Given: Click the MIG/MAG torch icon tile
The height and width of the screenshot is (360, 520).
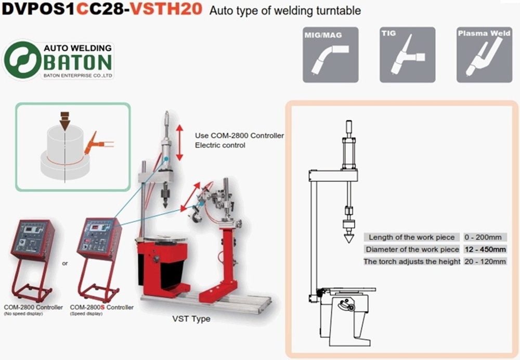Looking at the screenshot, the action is pyautogui.click(x=330, y=55).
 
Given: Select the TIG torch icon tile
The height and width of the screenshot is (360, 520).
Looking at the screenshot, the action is pyautogui.click(x=407, y=55).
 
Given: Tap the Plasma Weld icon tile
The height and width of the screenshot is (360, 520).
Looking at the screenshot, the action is pyautogui.click(x=484, y=55).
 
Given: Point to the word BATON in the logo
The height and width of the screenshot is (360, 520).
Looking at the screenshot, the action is pyautogui.click(x=77, y=62).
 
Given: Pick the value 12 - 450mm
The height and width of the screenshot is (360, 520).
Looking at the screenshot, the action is pyautogui.click(x=485, y=249).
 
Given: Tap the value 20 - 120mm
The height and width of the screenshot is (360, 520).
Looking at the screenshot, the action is pyautogui.click(x=485, y=262).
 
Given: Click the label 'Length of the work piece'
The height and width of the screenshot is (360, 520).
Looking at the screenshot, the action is pyautogui.click(x=411, y=237).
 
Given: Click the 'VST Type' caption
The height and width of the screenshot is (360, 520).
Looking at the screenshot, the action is pyautogui.click(x=191, y=319).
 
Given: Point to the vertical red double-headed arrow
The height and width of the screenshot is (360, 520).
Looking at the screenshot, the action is pyautogui.click(x=179, y=143).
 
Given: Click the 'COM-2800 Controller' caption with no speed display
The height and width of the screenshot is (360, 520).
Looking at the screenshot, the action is pyautogui.click(x=33, y=307).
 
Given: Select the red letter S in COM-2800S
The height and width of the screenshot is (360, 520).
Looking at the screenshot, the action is pyautogui.click(x=102, y=307).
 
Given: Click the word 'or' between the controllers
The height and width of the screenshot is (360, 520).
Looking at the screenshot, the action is pyautogui.click(x=64, y=263).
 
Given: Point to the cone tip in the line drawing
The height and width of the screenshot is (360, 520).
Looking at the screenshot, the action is pyautogui.click(x=348, y=242).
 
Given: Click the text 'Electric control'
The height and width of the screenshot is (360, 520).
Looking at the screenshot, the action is pyautogui.click(x=220, y=145).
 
